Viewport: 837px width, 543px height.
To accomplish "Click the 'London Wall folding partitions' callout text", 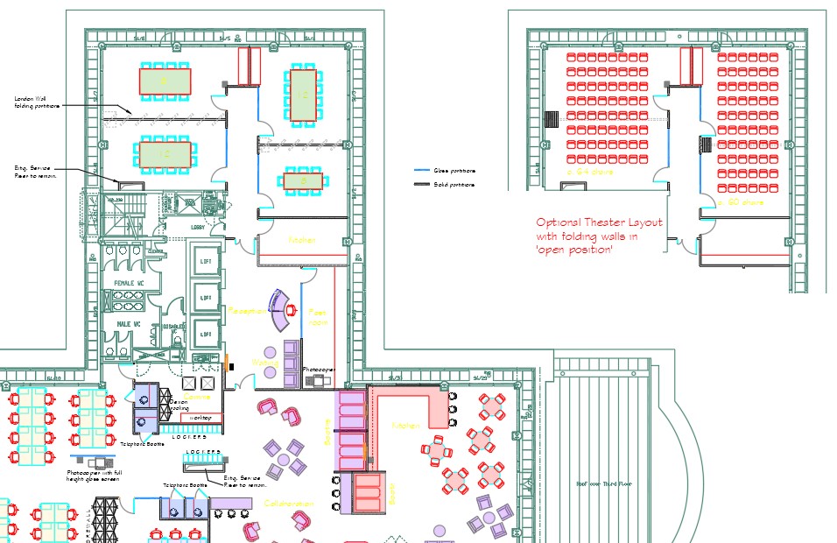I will (x=38, y=102).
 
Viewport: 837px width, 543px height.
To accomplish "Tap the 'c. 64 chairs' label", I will (x=592, y=173).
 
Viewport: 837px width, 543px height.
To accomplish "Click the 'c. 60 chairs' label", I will (x=741, y=202).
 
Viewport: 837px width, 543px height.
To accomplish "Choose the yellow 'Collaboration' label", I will (x=289, y=504).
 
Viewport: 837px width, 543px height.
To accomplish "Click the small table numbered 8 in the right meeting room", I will (x=303, y=181).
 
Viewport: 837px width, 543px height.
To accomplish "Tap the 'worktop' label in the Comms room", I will (x=200, y=418).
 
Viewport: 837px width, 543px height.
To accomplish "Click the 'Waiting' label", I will (x=264, y=363).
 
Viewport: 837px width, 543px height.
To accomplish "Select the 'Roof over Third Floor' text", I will (x=604, y=483).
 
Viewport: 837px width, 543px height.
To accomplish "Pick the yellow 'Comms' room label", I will (x=200, y=397).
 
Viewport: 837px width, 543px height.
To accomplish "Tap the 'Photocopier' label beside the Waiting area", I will (x=319, y=370).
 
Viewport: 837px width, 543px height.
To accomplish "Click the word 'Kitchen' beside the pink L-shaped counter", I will (x=405, y=426).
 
